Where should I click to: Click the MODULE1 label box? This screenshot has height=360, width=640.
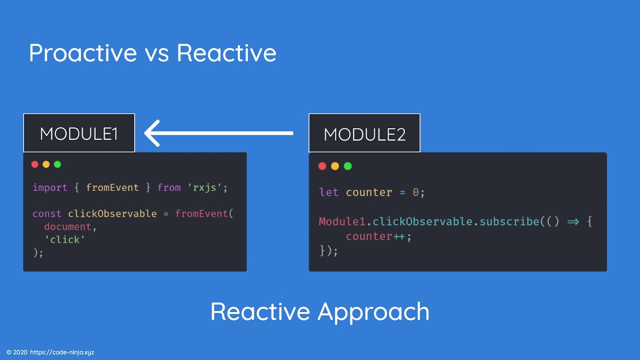pos(79,133)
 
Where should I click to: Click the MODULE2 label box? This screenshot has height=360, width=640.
pos(364,133)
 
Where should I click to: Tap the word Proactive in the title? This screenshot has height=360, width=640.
pos(82,53)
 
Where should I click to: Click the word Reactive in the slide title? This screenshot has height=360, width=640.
pos(226,53)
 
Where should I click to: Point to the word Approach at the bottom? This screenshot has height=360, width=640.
pos(373,311)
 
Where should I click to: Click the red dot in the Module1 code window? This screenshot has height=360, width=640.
pos(34,164)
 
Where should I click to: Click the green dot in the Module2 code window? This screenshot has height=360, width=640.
pos(348,166)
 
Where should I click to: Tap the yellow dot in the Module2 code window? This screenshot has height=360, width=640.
pos(335,166)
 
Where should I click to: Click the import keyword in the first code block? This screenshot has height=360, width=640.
pos(50,188)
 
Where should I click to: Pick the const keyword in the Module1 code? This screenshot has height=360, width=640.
pos(47,214)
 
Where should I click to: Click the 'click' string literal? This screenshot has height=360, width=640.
pos(65,240)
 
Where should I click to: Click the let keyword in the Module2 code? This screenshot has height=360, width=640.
pos(328,192)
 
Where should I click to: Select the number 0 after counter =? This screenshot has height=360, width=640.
pos(415,192)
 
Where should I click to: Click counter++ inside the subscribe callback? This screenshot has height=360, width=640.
pos(375,236)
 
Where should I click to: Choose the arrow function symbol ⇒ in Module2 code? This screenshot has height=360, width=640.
pos(573,221)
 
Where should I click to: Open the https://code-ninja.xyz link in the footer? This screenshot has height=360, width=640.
pos(62,352)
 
